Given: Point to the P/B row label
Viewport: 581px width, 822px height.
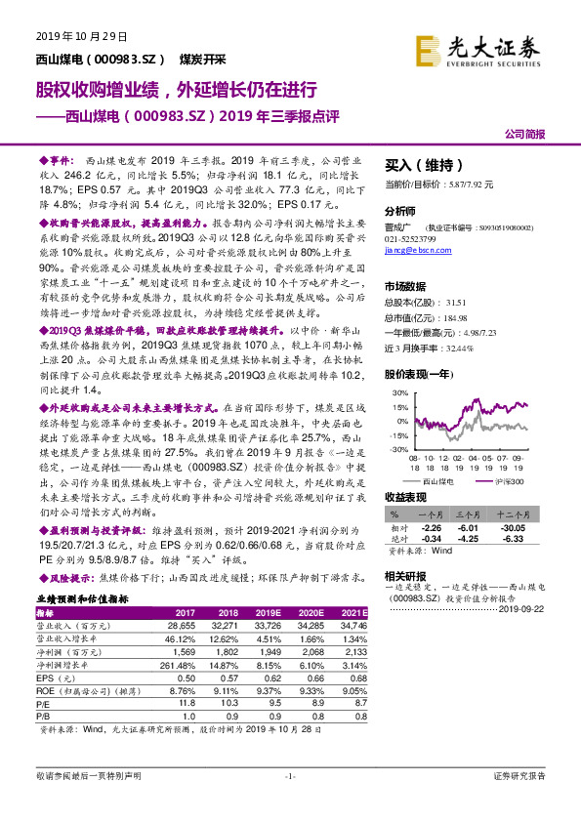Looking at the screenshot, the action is pos(44,715).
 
